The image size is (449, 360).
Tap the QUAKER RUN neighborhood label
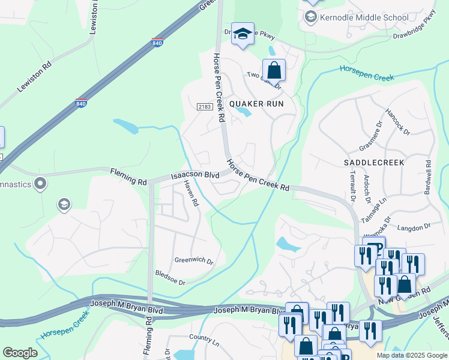pos(255,103)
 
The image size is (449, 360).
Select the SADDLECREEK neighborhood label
pos(375,163)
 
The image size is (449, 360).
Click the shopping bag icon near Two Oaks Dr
pos(274,71)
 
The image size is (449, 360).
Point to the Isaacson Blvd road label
pos(195,175)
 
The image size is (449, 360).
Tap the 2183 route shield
pos(204,106)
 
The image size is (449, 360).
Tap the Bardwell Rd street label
pos(428,175)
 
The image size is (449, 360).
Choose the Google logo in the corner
pos(20,353)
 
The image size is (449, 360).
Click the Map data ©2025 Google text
pos(412,355)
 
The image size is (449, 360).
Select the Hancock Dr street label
pos(397,122)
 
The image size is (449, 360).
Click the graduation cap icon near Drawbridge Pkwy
pos(242,35)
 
